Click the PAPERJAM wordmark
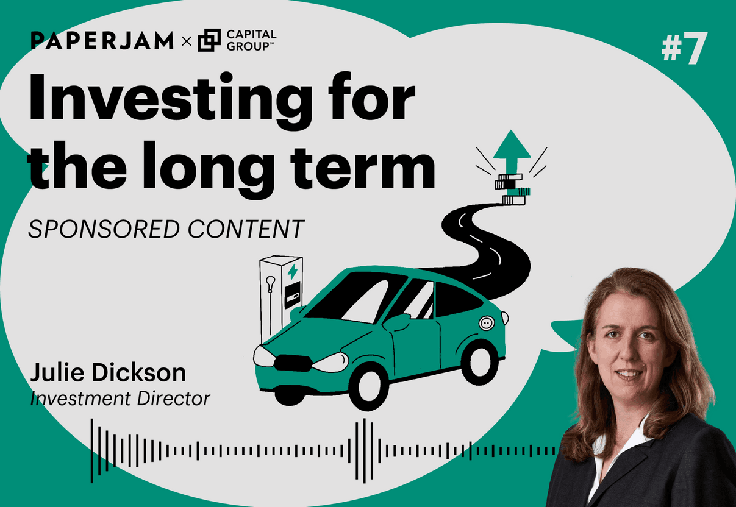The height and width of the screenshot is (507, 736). tap(102, 40)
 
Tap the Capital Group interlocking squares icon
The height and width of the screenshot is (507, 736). tap(209, 40)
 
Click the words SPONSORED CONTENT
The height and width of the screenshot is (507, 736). tap(166, 229)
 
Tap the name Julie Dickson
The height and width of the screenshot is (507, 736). tap(108, 372)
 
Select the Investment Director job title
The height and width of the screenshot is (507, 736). tap(120, 399)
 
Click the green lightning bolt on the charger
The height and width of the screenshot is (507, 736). tap(292, 272)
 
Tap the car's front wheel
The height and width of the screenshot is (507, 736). tap(369, 386)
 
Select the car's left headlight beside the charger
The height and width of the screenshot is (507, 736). tap(263, 356)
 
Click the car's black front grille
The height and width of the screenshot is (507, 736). tap(293, 363)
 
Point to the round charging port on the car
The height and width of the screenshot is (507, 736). tap(487, 323)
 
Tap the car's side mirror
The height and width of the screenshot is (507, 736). tap(396, 322)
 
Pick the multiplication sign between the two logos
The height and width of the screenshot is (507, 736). tap(187, 41)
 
